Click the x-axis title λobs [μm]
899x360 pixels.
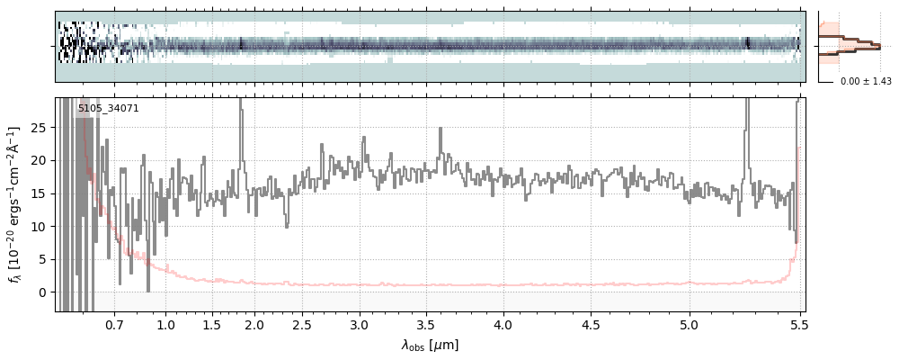[430, 345]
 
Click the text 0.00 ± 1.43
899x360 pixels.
[866, 82]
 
